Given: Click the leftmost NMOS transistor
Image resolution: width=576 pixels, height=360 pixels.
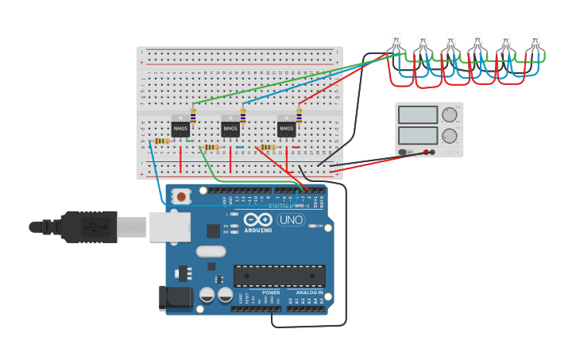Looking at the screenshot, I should [181, 127].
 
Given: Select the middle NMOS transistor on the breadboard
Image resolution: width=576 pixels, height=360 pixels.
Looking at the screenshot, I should [230, 127].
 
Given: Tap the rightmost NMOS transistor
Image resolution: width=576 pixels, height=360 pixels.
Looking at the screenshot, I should [286, 127].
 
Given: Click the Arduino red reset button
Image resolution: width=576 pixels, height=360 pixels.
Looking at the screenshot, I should [182, 196].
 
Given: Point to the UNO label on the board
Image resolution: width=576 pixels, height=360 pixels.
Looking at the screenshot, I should [291, 220].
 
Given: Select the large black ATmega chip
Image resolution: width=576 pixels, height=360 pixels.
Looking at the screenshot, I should [279, 275].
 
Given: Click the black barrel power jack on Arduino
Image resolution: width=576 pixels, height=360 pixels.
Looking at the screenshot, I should [175, 297].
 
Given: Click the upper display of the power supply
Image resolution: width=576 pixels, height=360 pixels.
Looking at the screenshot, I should [418, 115].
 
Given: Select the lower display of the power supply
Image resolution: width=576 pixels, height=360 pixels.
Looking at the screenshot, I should [418, 136].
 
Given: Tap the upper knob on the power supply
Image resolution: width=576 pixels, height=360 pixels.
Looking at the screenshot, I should [450, 114].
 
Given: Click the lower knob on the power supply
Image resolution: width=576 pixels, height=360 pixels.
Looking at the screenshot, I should [450, 136].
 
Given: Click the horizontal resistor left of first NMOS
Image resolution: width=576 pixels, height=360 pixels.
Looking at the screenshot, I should [161, 141].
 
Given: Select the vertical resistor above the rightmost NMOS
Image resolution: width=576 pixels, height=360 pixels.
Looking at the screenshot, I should [300, 116].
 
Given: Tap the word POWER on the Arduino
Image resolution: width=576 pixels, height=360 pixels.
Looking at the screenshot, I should [270, 292].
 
